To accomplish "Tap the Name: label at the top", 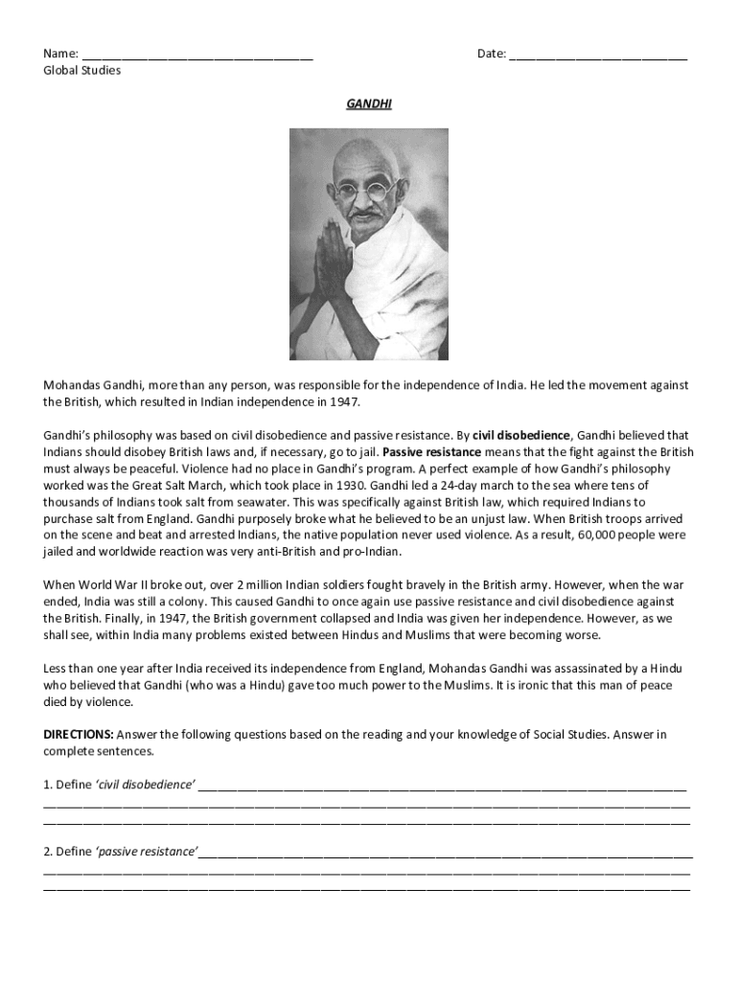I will click(x=59, y=54).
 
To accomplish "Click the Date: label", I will click(x=492, y=54).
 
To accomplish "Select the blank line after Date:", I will click(x=598, y=56).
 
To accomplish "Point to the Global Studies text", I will click(x=82, y=70).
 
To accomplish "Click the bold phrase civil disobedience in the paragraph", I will click(x=521, y=434).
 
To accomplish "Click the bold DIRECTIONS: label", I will click(x=79, y=735).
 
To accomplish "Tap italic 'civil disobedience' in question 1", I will click(x=145, y=785).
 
